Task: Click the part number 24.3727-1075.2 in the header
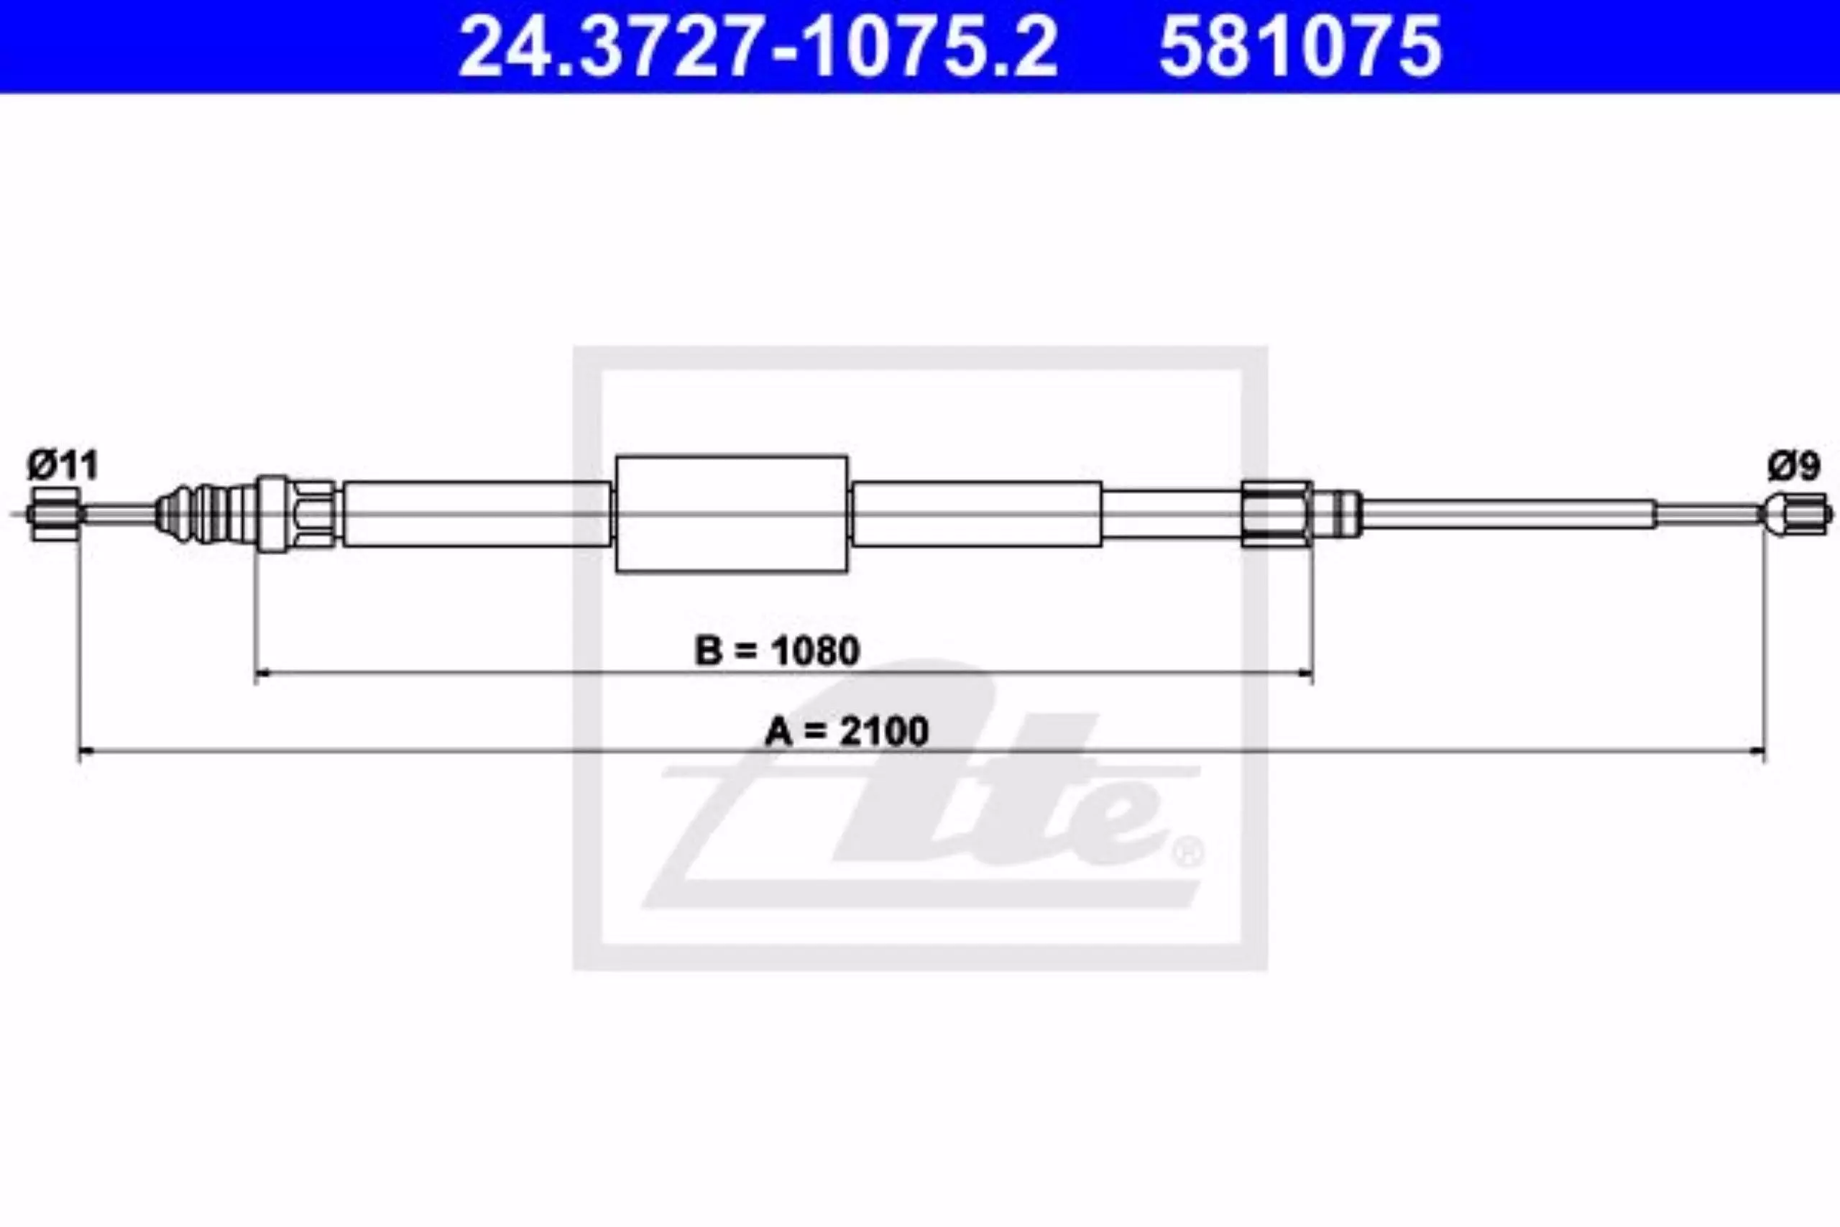coord(758,47)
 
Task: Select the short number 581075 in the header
coord(1300,47)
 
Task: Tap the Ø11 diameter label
coord(63,466)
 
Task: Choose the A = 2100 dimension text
coord(847,731)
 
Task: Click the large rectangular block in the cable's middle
coord(732,514)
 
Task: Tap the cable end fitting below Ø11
coord(54,513)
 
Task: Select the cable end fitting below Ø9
coord(1796,514)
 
